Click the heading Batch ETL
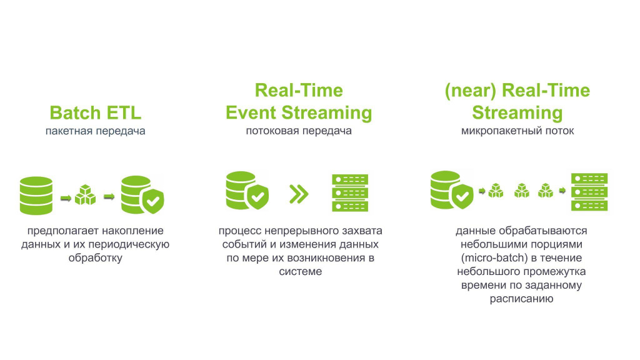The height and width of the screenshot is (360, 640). coord(96,112)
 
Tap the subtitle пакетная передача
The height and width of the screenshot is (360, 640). coord(96,131)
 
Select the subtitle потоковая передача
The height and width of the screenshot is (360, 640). coord(299,131)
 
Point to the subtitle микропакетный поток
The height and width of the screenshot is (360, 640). coord(517,131)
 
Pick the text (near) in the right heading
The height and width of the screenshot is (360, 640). coord(470,91)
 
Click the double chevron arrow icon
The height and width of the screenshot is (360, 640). coord(299,194)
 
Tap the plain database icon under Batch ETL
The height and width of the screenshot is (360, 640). coord(36,196)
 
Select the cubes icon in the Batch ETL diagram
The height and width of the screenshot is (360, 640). coord(85,195)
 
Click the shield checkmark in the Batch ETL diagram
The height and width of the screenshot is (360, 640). coord(153,201)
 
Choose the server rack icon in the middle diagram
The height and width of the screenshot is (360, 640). coord(350,193)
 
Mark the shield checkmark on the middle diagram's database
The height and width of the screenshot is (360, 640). coord(257,197)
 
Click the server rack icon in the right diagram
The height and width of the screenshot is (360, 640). coord(589,192)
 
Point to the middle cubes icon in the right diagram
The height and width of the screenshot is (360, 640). coord(522,191)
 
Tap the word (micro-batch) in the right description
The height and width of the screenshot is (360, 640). coord(494,258)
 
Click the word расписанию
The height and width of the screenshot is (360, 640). coord(522,299)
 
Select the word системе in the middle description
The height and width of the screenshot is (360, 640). coord(301,271)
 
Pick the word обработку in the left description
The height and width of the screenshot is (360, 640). coord(96,258)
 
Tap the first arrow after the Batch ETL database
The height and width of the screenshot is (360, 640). coord(66,198)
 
